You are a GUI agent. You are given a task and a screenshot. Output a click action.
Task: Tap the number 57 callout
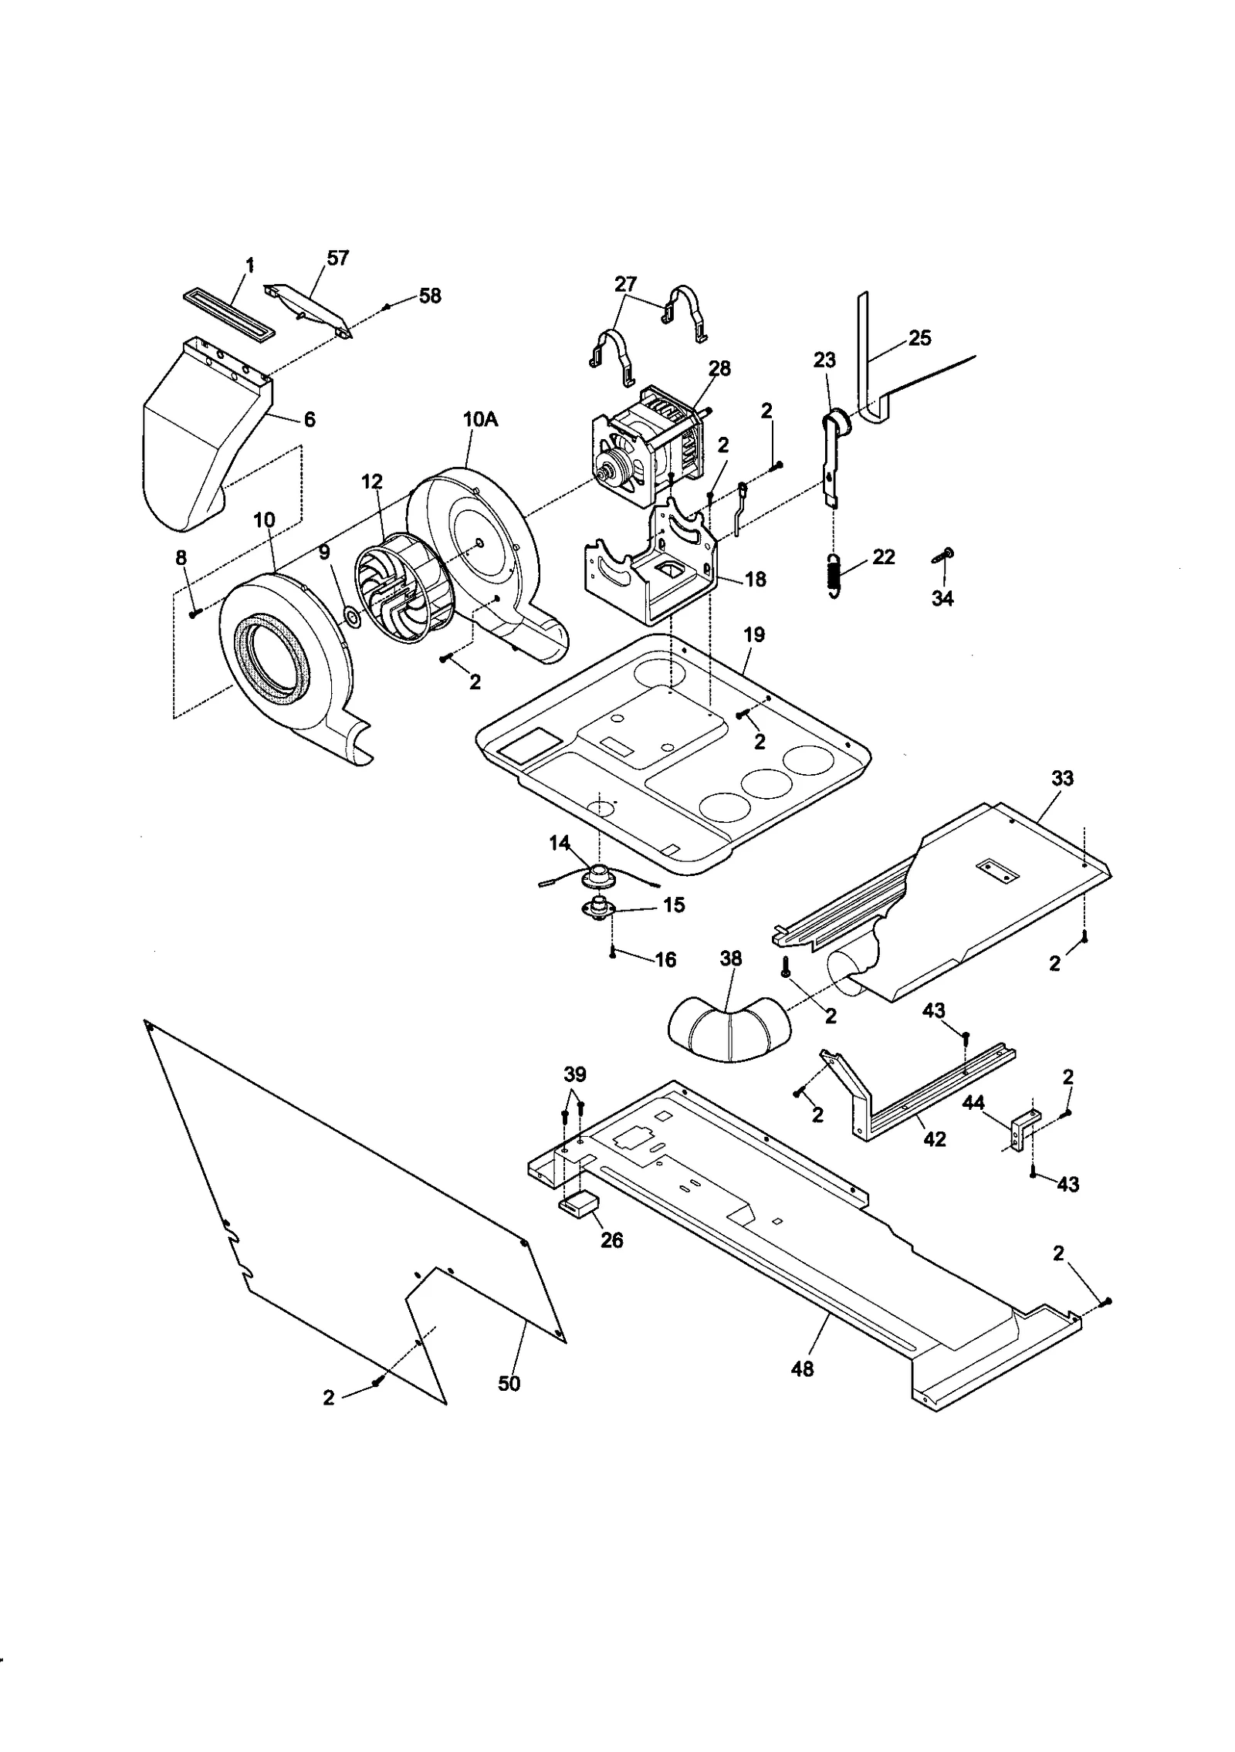337,258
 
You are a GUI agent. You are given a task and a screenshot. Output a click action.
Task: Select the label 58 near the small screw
429,296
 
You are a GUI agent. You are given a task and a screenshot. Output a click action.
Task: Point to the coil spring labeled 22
834,574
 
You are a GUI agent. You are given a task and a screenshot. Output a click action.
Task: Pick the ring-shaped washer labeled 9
352,616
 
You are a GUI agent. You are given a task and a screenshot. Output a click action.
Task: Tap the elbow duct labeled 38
729,1031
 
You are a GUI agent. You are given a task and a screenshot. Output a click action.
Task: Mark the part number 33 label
1062,778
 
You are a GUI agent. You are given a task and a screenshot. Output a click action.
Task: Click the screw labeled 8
194,612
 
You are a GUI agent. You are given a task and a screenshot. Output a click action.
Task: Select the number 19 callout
754,634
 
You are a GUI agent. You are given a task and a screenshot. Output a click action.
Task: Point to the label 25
919,337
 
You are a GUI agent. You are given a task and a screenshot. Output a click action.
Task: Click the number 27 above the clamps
626,282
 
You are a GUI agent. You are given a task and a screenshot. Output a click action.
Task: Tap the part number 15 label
674,905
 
